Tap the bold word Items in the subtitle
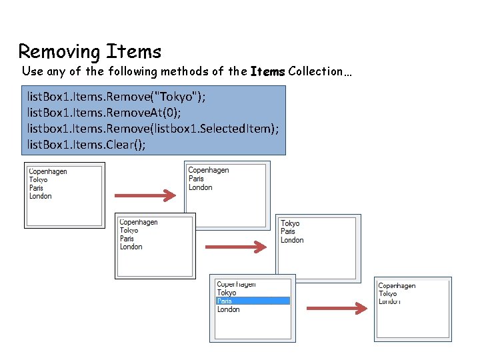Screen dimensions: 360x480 [x=268, y=71]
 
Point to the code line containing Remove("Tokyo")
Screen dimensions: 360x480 [x=116, y=97]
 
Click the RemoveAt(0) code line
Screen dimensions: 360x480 [x=103, y=113]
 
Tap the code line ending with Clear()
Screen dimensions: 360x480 [x=86, y=144]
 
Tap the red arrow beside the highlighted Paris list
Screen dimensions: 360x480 [x=337, y=308]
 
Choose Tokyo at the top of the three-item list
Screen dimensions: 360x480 [x=290, y=223]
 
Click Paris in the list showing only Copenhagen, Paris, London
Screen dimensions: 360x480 [x=196, y=179]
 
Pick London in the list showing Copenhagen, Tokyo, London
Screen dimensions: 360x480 [x=389, y=302]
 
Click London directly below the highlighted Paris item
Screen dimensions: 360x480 [x=228, y=309]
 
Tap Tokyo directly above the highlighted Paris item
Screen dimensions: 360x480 [x=227, y=293]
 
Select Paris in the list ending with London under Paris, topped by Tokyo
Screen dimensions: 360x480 [x=288, y=232]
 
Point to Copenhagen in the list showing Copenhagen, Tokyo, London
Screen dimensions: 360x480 [x=397, y=286]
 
